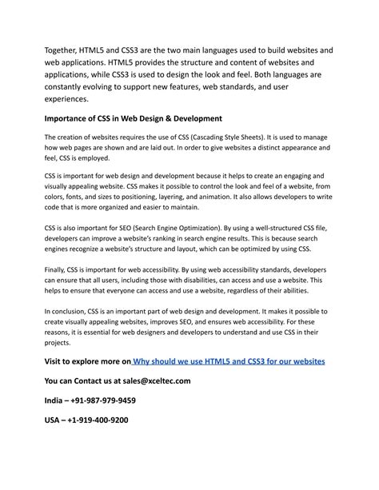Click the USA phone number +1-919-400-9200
[101, 419]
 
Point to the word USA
[54, 419]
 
